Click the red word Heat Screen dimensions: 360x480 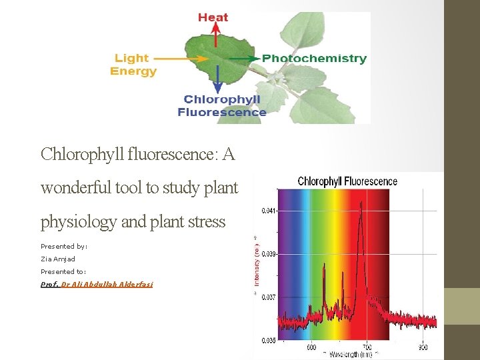click(213, 17)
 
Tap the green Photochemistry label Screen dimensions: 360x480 click(314, 59)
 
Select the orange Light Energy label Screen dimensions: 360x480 click(133, 65)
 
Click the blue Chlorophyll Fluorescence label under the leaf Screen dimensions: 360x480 click(222, 106)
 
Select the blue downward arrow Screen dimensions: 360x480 click(217, 79)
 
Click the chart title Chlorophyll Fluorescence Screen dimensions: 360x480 click(347, 181)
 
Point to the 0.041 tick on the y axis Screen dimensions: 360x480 click(267, 210)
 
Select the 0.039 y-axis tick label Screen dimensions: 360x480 click(267, 254)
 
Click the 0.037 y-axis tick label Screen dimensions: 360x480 click(267, 297)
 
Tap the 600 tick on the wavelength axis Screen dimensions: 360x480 click(311, 347)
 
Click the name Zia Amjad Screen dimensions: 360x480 click(58, 259)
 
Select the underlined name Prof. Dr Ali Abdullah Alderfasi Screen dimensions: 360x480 click(97, 284)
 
